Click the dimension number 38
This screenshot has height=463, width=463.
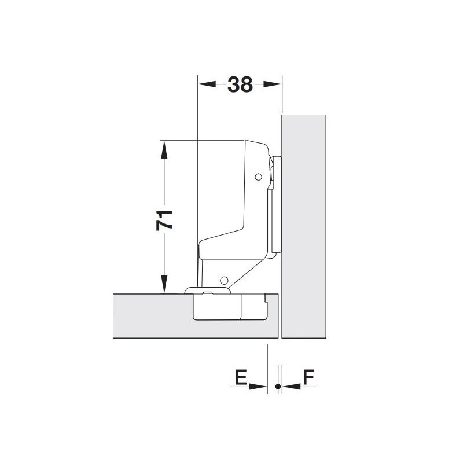[x=240, y=84]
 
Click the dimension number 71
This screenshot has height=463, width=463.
[x=164, y=220]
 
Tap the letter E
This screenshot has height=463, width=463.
[x=241, y=377]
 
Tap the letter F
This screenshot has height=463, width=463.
[x=309, y=377]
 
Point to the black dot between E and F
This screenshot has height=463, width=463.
[x=278, y=386]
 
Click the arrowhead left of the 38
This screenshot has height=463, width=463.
[x=207, y=84]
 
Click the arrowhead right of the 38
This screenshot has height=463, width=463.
[x=273, y=84]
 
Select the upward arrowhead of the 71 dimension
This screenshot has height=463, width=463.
[x=164, y=150]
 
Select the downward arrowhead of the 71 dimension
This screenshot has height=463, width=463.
[x=164, y=284]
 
